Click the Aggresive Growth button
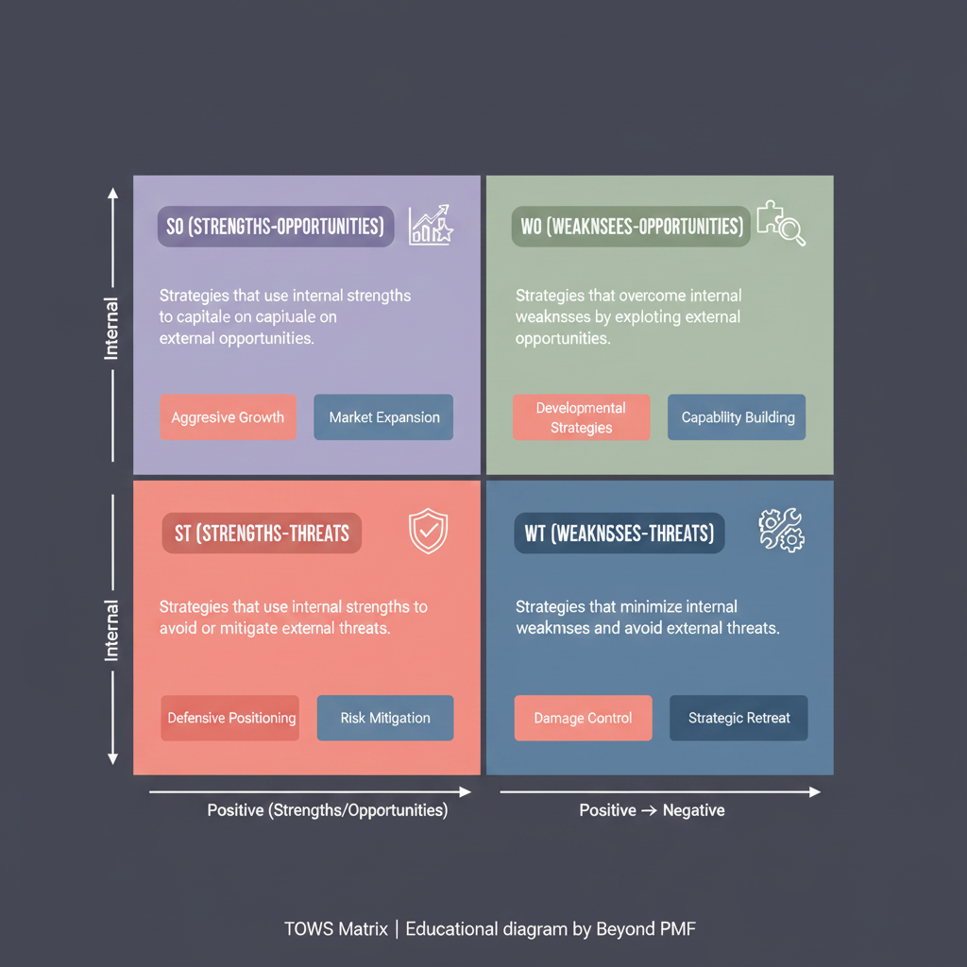(x=229, y=416)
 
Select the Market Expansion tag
(x=383, y=416)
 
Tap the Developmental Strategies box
(x=581, y=416)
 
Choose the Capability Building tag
(x=737, y=416)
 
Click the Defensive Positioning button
(x=230, y=718)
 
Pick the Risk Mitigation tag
(x=385, y=718)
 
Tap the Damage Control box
(x=584, y=718)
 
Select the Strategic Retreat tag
(x=738, y=718)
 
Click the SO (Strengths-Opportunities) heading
(x=276, y=227)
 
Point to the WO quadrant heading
(x=631, y=227)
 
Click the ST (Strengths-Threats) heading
(x=263, y=533)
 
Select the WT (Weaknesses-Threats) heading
(x=619, y=533)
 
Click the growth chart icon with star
(x=431, y=225)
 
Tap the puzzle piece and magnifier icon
(x=781, y=223)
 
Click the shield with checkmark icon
(x=428, y=531)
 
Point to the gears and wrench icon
(x=781, y=531)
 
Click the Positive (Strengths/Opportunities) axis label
(x=328, y=809)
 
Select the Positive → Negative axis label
(x=652, y=809)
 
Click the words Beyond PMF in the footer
(x=646, y=929)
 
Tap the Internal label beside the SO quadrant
(x=111, y=329)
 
